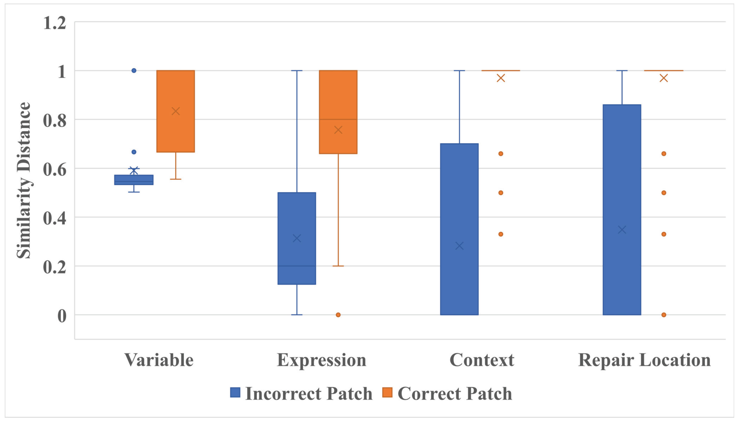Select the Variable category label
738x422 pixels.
[159, 360]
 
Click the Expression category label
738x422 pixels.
[322, 360]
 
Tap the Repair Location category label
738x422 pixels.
[644, 360]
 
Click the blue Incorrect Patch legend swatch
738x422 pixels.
[235, 393]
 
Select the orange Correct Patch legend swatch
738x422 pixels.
[387, 393]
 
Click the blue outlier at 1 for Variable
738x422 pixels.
[134, 70]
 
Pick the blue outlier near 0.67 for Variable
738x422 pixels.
[134, 152]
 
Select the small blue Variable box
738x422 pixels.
[134, 180]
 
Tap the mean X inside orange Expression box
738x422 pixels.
[338, 130]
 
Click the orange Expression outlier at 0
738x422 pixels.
[338, 315]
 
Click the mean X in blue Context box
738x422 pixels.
[459, 246]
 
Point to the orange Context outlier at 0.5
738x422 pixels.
[501, 193]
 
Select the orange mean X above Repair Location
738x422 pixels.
[664, 78]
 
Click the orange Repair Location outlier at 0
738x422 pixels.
[664, 315]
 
